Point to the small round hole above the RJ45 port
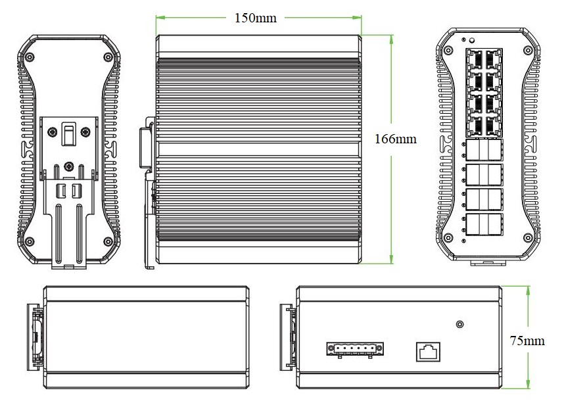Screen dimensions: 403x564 click(x=459, y=324)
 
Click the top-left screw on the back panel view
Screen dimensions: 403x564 click(x=30, y=58)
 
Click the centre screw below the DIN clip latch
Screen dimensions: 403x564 click(x=69, y=167)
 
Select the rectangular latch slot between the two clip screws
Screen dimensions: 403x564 click(x=68, y=134)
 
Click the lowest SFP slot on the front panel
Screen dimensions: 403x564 click(x=484, y=224)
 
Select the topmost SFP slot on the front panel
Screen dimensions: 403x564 click(x=484, y=151)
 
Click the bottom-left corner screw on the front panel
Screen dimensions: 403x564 click(x=448, y=237)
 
